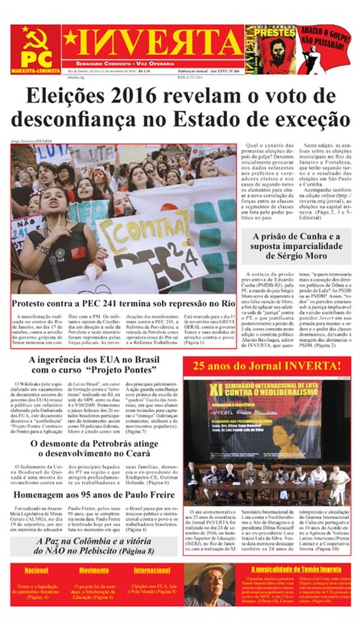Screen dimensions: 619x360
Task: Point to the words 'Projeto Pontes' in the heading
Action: tap(134, 380)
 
